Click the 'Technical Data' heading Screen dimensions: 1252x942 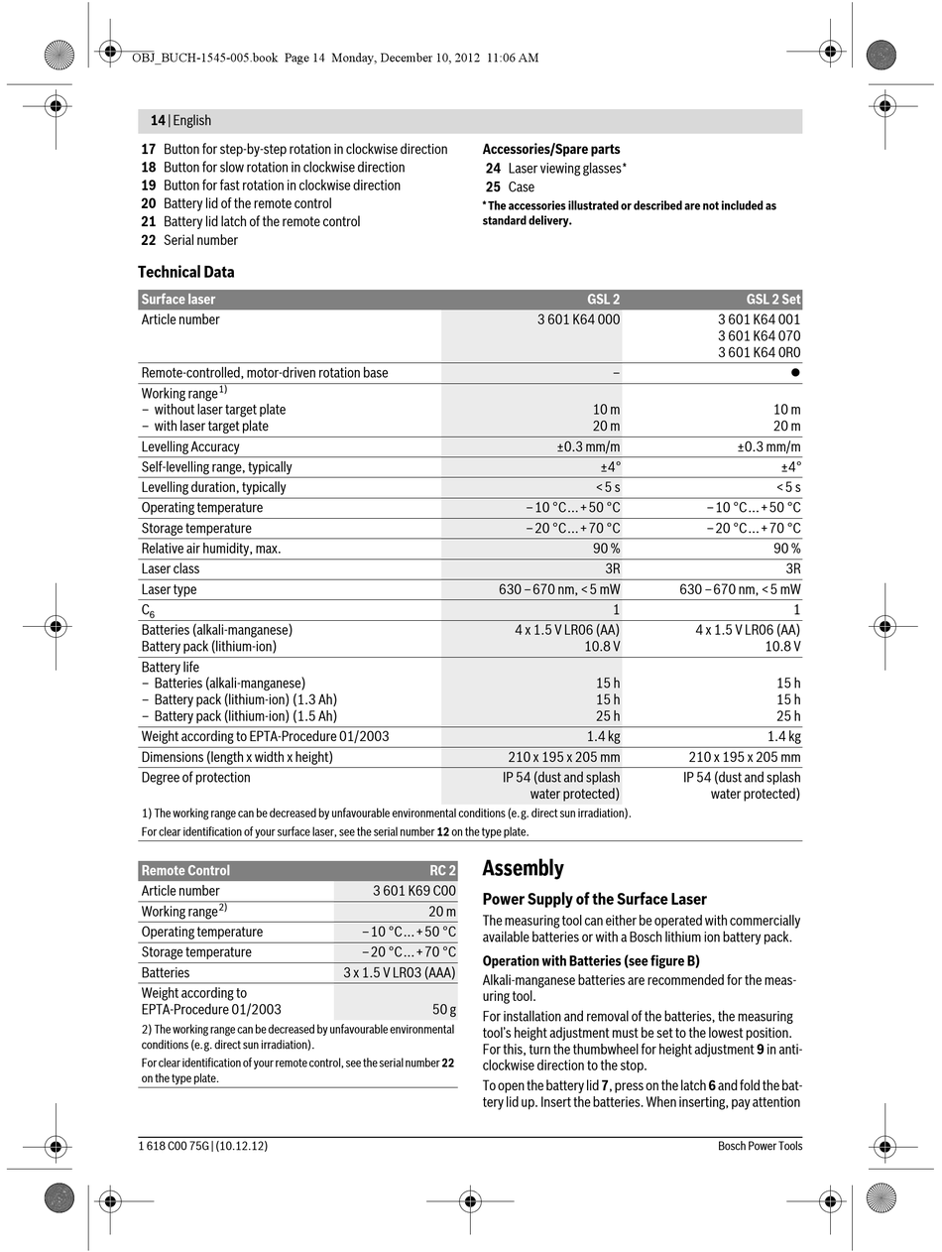pos(186,272)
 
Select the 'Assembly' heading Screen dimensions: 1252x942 pos(523,869)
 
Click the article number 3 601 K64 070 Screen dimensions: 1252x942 pos(759,336)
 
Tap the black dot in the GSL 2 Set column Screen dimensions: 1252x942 pos(795,373)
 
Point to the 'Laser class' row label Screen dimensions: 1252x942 pos(171,569)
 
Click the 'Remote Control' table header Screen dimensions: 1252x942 pos(185,871)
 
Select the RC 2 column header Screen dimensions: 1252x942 pos(442,871)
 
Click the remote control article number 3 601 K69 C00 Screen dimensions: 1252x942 pos(414,891)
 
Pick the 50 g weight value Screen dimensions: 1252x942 pos(444,1010)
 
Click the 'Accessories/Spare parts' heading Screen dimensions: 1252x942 pos(551,150)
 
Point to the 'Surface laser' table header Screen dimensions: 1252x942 pos(178,300)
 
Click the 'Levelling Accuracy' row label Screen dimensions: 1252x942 pos(190,447)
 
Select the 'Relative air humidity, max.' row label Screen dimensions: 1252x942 pos(211,549)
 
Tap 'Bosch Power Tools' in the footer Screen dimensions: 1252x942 pos(760,1146)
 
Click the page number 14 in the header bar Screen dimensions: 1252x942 pos(158,120)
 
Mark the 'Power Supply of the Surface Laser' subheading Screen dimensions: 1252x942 pos(594,900)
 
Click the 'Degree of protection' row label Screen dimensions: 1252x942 pos(195,778)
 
